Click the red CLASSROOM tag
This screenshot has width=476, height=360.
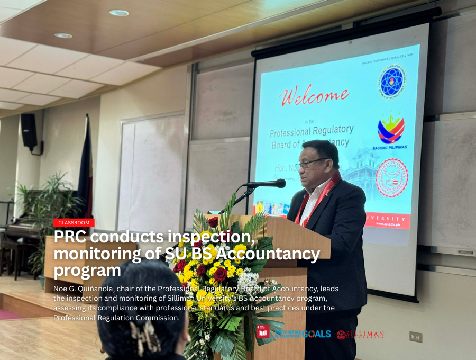(x=74, y=223)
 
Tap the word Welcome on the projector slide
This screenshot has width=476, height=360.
(x=314, y=96)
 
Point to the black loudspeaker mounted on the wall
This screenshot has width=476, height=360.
(x=29, y=132)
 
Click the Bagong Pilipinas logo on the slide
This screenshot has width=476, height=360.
(x=391, y=131)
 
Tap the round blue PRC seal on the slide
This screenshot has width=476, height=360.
(x=392, y=80)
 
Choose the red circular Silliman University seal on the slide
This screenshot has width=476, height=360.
(x=391, y=177)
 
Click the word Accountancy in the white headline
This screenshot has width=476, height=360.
(x=274, y=254)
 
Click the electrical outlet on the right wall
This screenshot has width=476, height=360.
(x=416, y=337)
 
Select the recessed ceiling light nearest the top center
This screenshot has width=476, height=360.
(x=119, y=13)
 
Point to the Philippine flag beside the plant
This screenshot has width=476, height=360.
(x=85, y=169)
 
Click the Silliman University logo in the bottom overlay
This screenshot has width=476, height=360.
(x=360, y=334)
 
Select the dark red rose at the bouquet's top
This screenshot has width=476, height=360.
(x=213, y=222)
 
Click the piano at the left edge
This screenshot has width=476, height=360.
(x=21, y=233)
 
